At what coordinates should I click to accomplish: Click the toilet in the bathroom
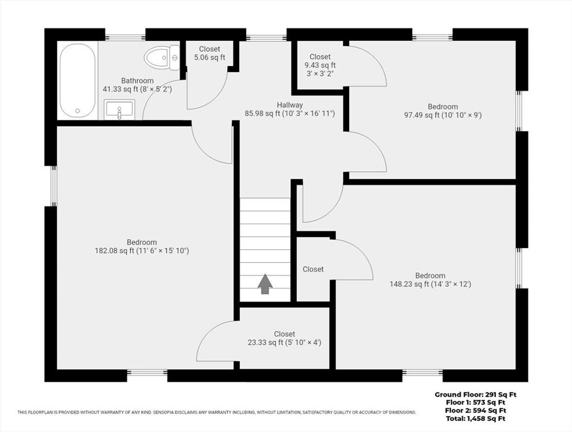click(x=162, y=58)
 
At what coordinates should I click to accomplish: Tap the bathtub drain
click(x=77, y=111)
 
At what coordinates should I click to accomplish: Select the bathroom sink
click(x=120, y=110)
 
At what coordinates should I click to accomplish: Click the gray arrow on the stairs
click(x=265, y=284)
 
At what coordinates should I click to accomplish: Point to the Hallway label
click(x=290, y=105)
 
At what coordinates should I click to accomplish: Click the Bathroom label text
click(x=137, y=80)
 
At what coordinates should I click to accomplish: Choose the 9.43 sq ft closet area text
click(x=320, y=65)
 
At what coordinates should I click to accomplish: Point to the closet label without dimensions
click(x=313, y=269)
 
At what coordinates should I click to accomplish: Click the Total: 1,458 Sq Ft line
click(x=476, y=419)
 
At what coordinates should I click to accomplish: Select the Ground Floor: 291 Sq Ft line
click(x=476, y=395)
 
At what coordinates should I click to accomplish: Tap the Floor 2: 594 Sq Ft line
click(x=476, y=411)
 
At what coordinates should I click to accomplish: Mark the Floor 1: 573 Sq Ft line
click(x=476, y=403)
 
